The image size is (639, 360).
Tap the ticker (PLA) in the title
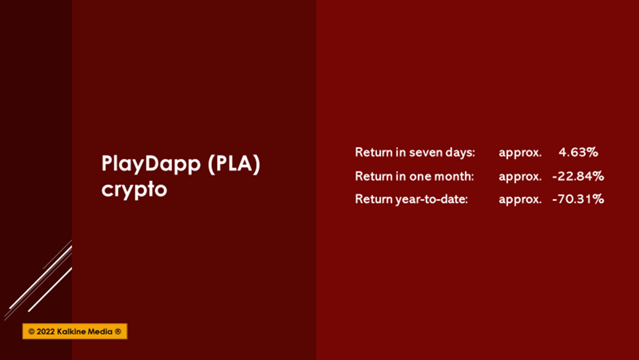(x=233, y=164)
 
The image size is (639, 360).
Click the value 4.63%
(x=578, y=152)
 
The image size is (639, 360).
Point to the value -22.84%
(x=578, y=176)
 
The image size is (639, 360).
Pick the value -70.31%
(x=578, y=199)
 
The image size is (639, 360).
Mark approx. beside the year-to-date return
(x=520, y=200)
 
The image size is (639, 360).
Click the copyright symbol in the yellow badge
(x=31, y=331)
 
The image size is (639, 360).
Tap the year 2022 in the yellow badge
(x=45, y=331)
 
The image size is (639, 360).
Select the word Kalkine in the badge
(x=70, y=331)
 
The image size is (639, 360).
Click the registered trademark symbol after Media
(x=118, y=331)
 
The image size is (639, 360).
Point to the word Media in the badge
(x=99, y=331)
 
